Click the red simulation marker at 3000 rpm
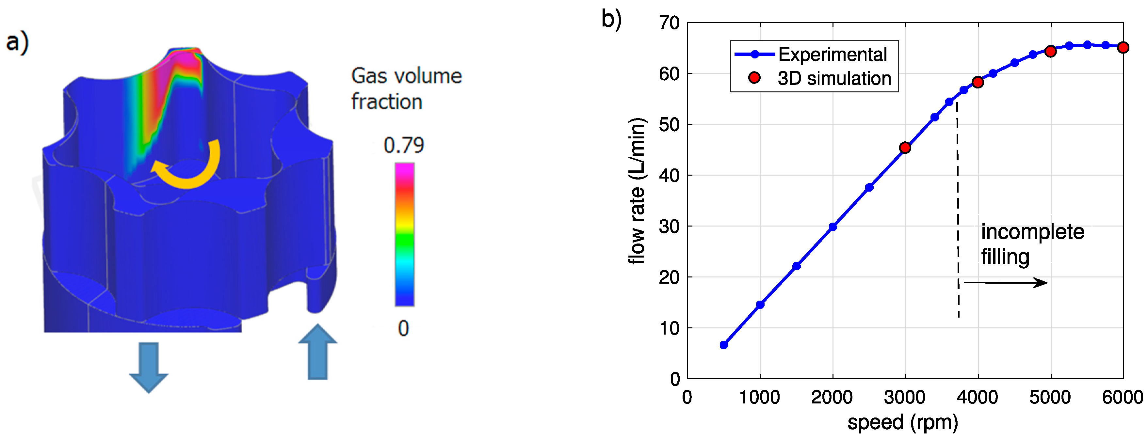click(905, 148)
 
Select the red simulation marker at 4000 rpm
click(978, 82)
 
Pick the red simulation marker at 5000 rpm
click(1050, 51)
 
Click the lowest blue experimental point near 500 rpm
click(724, 345)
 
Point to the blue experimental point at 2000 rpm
click(833, 227)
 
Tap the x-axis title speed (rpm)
click(902, 422)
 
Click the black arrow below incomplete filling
click(1005, 282)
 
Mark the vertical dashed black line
click(958, 209)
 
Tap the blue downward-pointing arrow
click(148, 367)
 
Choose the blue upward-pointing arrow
click(317, 353)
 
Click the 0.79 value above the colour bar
click(403, 145)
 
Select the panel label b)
click(611, 20)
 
